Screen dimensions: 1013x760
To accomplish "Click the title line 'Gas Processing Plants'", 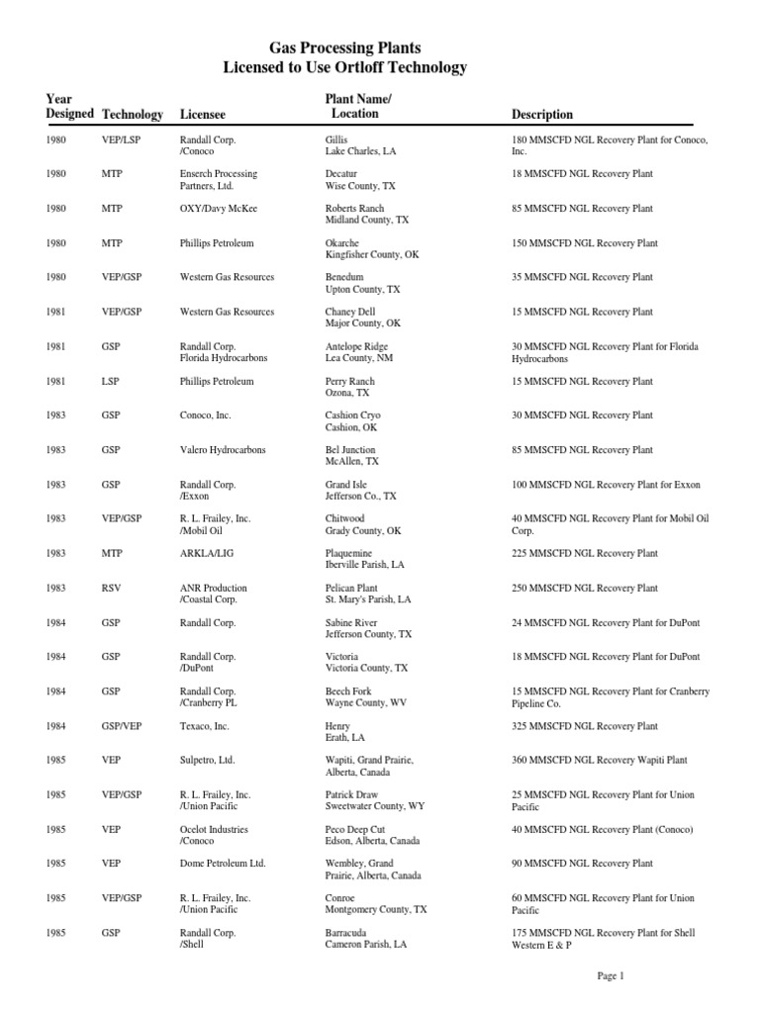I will pyautogui.click(x=345, y=46).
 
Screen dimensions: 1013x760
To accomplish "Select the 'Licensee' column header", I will pyautogui.click(x=203, y=115).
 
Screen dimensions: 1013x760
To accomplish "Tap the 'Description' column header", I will pyautogui.click(x=541, y=115).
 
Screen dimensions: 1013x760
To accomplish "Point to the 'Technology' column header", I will pyautogui.click(x=133, y=115).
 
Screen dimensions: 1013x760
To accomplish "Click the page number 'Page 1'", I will pyautogui.click(x=611, y=976).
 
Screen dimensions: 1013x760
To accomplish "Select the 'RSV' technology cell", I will pyautogui.click(x=110, y=589).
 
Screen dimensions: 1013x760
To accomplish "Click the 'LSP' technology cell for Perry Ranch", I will pyautogui.click(x=110, y=381).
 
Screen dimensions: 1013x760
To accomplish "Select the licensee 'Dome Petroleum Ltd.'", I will pyautogui.click(x=223, y=864).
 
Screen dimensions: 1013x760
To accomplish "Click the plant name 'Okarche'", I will pyautogui.click(x=342, y=243).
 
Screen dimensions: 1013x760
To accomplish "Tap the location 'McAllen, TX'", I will pyautogui.click(x=352, y=462).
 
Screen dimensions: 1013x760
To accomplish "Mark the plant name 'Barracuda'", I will pyautogui.click(x=347, y=933).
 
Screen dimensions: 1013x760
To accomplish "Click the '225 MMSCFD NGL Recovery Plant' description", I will pyautogui.click(x=582, y=554).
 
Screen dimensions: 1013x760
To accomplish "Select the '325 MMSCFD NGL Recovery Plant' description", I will pyautogui.click(x=582, y=726).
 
